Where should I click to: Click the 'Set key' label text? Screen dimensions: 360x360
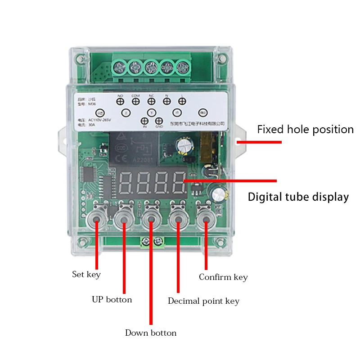point(86,274)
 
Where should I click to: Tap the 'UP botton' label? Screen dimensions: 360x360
point(112,300)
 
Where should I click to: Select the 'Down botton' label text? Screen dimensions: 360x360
point(151,333)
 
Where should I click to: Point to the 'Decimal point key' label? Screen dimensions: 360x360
point(203,301)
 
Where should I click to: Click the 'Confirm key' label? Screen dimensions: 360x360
point(223,277)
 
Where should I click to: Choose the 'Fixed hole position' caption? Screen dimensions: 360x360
point(305,130)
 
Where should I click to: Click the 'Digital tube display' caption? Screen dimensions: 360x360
point(298,197)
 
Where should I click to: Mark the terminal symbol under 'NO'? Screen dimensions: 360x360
point(121,102)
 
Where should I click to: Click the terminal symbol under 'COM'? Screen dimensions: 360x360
point(135,102)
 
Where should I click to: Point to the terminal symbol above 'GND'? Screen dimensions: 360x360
point(159,121)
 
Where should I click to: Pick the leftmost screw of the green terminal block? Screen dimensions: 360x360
point(120,67)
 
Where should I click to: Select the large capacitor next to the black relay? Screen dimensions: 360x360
point(185,145)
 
